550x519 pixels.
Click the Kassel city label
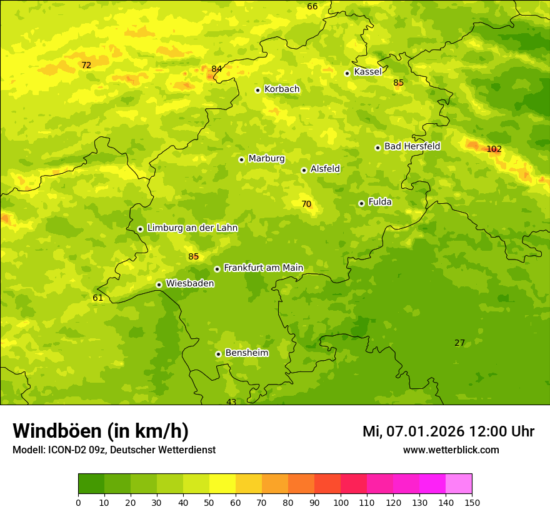click(x=367, y=72)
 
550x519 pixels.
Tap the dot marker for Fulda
click(x=361, y=203)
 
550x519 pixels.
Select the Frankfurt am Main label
click(x=263, y=268)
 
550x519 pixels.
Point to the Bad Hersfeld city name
click(x=412, y=146)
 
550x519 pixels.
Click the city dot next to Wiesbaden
click(x=159, y=285)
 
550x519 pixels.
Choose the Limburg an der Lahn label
click(x=192, y=228)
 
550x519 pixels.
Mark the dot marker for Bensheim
click(x=218, y=354)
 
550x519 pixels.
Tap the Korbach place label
click(x=281, y=89)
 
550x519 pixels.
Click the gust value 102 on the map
click(x=494, y=149)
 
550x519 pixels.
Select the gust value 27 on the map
click(x=459, y=343)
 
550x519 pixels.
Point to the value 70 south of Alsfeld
click(x=306, y=204)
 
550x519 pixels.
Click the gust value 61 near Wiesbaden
click(x=97, y=298)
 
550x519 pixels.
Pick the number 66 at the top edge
click(x=312, y=6)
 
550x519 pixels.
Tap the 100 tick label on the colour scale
click(x=341, y=502)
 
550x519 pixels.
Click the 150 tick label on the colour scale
click(x=472, y=502)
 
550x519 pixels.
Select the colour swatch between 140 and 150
click(x=459, y=484)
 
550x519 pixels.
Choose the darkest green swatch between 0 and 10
click(x=91, y=484)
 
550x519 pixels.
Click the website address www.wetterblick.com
click(x=451, y=450)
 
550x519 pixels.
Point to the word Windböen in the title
click(x=57, y=431)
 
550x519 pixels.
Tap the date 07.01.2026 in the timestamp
click(x=425, y=431)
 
